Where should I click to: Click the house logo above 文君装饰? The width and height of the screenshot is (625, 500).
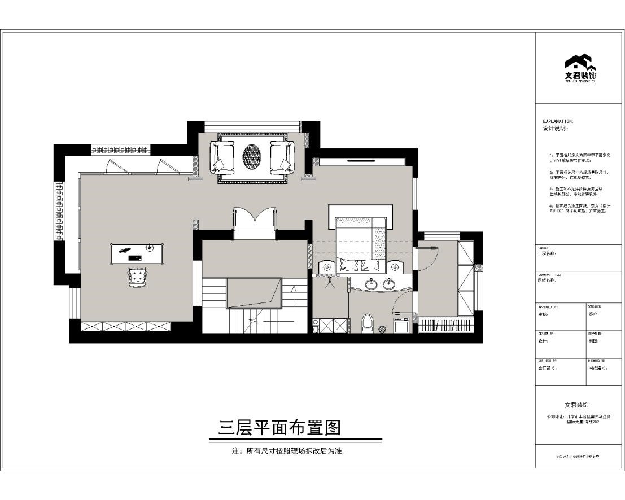coord(580,63)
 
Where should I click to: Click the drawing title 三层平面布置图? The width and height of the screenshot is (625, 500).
coord(280,428)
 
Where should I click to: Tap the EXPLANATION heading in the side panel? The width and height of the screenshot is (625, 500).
coord(558,121)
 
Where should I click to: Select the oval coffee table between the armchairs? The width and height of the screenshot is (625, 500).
coord(252,156)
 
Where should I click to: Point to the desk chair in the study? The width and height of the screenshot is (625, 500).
coord(137,276)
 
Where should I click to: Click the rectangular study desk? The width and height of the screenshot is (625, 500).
coord(138,253)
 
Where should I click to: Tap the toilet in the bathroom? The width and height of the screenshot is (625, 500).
coord(367,323)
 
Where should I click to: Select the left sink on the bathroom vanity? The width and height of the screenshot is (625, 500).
coord(371,284)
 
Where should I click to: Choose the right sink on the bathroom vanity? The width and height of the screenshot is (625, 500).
coord(388,284)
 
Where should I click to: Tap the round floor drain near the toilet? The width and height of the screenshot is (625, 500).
coord(382,328)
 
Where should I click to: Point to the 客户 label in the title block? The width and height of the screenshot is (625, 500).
coord(592,314)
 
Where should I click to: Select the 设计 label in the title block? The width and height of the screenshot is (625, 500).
coord(543,341)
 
